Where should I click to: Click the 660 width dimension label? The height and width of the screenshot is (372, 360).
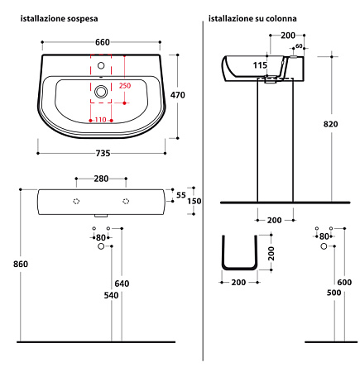tap(103, 42)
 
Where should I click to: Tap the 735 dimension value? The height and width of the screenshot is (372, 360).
tap(103, 153)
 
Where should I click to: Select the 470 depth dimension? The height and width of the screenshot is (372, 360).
tap(178, 95)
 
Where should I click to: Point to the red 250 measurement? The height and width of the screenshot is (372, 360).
tap(125, 86)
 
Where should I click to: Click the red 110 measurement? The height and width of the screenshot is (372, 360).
tap(100, 120)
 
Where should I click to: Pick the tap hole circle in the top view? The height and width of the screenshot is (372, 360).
tap(101, 65)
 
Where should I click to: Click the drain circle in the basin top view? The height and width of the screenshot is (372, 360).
tap(101, 92)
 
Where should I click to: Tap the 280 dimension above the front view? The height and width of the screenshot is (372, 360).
tap(101, 179)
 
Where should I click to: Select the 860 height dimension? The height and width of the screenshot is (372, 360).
tap(21, 264)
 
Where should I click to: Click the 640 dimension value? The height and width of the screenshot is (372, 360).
tap(122, 284)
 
